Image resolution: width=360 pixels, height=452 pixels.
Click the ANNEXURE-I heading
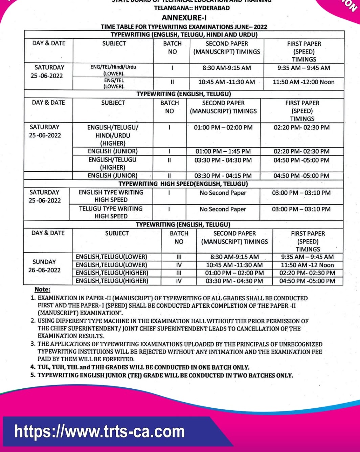[x=184, y=18]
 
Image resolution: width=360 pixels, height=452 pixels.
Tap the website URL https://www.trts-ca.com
[x=99, y=432]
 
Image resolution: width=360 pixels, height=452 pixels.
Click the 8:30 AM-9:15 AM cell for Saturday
[x=227, y=68]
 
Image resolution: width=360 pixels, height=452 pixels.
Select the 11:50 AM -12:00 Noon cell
[x=303, y=82]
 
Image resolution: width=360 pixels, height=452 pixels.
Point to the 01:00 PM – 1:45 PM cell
[x=223, y=151]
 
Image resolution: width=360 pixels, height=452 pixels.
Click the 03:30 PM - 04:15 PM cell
[x=223, y=176]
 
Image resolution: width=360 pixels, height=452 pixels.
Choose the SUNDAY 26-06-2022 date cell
[x=44, y=266]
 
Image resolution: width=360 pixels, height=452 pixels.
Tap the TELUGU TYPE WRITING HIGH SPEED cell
[x=111, y=212]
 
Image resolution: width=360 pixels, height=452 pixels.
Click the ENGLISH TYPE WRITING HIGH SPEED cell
[x=111, y=196]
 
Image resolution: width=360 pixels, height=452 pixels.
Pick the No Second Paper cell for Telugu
[x=223, y=209]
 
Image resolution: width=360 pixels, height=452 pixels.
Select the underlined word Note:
[x=42, y=289]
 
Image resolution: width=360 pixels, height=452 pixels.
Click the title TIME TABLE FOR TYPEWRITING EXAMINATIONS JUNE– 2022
[x=184, y=27]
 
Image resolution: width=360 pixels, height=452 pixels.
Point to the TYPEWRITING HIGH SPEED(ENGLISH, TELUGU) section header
[x=183, y=184]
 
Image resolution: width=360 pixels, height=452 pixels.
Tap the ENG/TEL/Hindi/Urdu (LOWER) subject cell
[x=114, y=70]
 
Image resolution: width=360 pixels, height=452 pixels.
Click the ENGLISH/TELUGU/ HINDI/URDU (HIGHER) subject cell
[x=113, y=135]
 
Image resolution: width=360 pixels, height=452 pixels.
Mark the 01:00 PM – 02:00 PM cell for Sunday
[x=234, y=273]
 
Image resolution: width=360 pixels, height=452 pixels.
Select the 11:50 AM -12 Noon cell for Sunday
[x=307, y=265]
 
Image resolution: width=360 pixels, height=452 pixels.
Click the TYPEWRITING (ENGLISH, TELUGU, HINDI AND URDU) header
[x=184, y=35]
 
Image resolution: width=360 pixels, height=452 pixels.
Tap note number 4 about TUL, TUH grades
[x=140, y=367]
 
